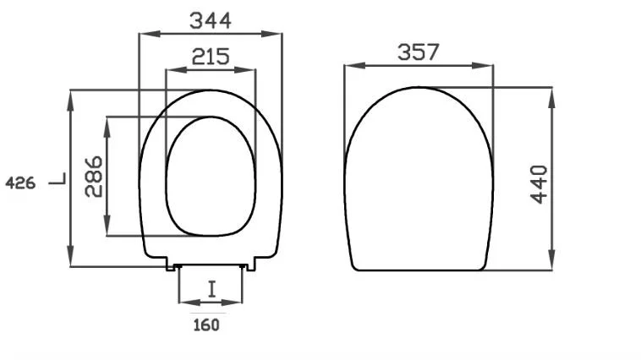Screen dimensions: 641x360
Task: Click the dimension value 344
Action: click(210, 20)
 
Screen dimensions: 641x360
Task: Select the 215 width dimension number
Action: click(211, 57)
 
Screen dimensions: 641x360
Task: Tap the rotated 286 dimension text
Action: click(94, 177)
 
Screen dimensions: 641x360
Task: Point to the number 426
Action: click(20, 183)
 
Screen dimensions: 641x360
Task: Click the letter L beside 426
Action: click(58, 179)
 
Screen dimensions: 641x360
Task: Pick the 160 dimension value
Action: click(206, 325)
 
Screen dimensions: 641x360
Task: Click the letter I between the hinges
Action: click(211, 289)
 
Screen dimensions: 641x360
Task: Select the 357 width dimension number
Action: click(419, 52)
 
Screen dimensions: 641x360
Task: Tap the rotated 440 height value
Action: click(539, 184)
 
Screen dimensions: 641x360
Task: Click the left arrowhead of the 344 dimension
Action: click(150, 34)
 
